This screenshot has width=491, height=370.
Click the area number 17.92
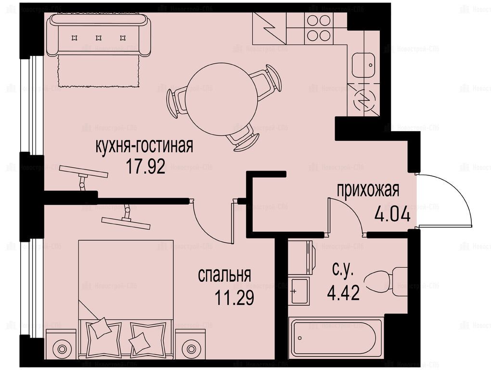pyautogui.click(x=145, y=166)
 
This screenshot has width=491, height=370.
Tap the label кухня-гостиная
pyautogui.click(x=144, y=146)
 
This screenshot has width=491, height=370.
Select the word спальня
pyautogui.click(x=224, y=275)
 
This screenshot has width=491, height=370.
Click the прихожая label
pyautogui.click(x=368, y=190)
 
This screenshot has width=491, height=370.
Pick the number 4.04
pyautogui.click(x=392, y=215)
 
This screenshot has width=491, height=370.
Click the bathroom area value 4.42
pyautogui.click(x=343, y=292)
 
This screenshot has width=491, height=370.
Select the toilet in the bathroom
pyautogui.click(x=386, y=281)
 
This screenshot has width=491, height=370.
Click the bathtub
pyautogui.click(x=336, y=338)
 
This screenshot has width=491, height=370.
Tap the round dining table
pyautogui.click(x=221, y=99)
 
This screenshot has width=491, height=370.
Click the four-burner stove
pyautogui.click(x=319, y=28)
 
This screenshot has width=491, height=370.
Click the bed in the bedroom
pyautogui.click(x=126, y=299)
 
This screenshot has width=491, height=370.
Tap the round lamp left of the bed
pyautogui.click(x=61, y=347)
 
